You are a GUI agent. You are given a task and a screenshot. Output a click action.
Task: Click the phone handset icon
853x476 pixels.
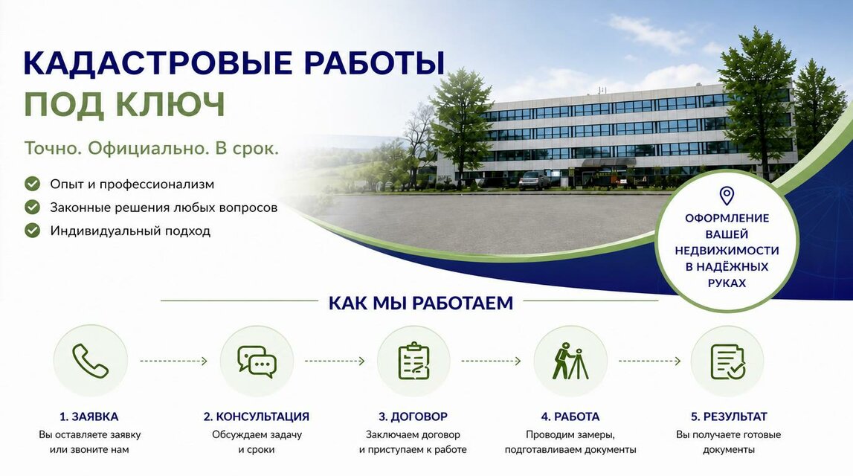(90, 361)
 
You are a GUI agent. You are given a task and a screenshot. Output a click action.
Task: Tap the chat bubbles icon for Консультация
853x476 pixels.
(257, 361)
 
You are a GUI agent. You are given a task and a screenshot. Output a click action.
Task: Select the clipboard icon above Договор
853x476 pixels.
(413, 361)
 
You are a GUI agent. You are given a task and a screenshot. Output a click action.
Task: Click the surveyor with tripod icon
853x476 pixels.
(570, 361)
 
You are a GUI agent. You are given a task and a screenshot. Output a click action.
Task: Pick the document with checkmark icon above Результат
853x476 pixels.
(728, 361)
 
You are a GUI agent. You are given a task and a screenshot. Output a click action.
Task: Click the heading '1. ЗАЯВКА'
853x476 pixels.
(88, 416)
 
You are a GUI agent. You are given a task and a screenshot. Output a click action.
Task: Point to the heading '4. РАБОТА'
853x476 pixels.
(570, 416)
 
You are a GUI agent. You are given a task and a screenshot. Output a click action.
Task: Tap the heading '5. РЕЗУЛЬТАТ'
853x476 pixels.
(729, 416)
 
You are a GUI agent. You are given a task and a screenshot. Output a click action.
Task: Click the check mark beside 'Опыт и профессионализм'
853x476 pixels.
(33, 184)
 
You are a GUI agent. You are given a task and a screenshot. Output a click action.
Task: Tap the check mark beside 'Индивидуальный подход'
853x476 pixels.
(33, 231)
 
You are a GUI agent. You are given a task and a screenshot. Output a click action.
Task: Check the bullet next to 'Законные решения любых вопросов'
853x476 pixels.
(33, 208)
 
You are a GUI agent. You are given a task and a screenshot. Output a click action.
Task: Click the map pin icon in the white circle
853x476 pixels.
(727, 196)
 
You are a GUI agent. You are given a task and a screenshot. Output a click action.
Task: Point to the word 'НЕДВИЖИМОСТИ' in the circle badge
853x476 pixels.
(727, 251)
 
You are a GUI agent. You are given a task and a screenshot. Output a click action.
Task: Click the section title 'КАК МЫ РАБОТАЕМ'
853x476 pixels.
(420, 303)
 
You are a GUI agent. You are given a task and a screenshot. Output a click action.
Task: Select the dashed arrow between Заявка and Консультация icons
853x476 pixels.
(173, 361)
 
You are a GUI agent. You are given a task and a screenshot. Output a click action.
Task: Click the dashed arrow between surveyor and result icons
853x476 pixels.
(649, 361)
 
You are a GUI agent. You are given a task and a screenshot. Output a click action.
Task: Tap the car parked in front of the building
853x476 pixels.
(534, 181)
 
